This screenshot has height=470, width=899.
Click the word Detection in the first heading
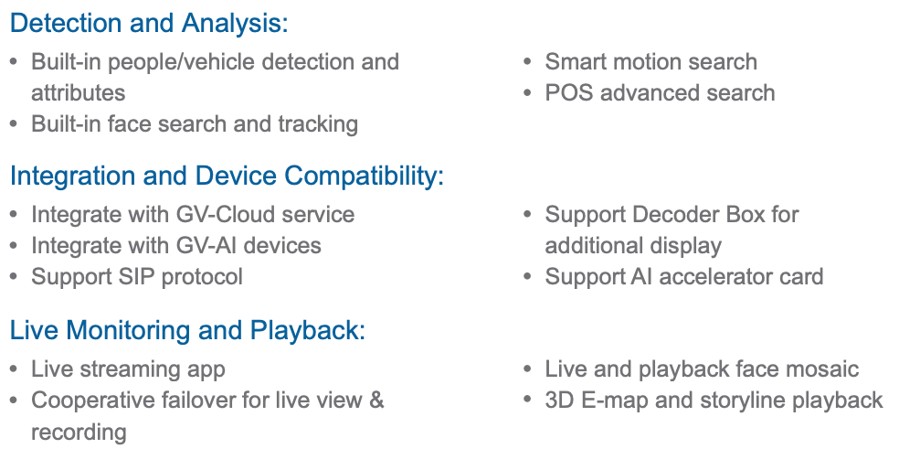click(x=66, y=24)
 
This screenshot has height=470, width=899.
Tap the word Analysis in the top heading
click(x=235, y=24)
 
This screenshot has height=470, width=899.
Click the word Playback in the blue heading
click(x=307, y=330)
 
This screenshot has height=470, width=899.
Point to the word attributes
click(x=78, y=93)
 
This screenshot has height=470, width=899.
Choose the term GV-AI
click(x=206, y=246)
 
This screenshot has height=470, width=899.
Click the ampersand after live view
click(x=376, y=401)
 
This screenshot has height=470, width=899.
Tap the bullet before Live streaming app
click(x=14, y=369)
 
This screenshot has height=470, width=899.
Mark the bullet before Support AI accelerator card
click(x=527, y=277)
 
